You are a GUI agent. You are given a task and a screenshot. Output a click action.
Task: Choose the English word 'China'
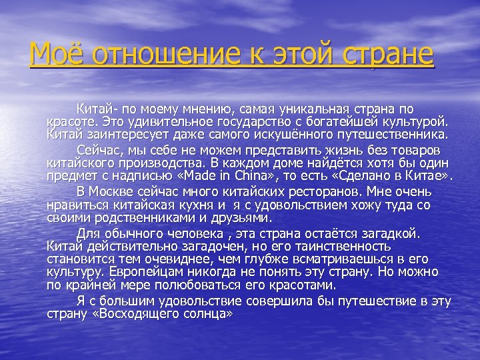pyautogui.click(x=298, y=177)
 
